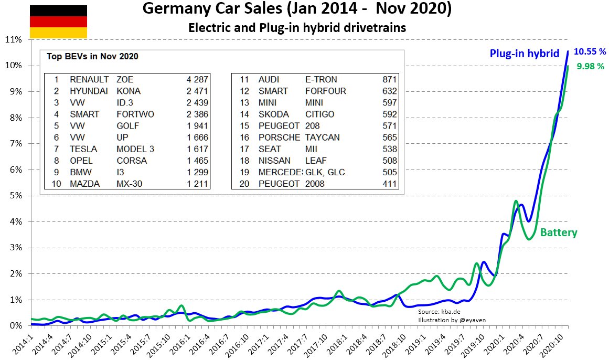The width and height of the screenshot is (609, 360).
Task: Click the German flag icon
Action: [x=58, y=22]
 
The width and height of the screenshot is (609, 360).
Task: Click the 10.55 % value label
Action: [x=590, y=51]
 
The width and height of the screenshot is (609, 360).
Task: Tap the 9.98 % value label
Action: [x=590, y=67]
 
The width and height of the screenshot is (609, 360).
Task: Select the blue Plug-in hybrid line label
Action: [x=525, y=54]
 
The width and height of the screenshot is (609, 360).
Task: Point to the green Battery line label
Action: [x=559, y=232]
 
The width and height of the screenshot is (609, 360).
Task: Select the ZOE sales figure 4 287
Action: [x=197, y=79]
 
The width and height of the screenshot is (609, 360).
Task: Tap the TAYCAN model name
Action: [x=322, y=137]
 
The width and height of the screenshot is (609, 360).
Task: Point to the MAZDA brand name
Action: [x=84, y=184]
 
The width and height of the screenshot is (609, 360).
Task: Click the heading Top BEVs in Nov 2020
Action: [x=92, y=56]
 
